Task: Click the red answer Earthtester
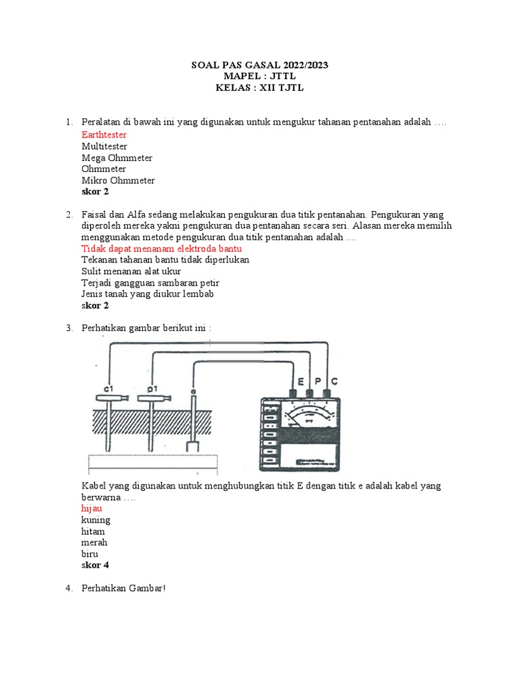[x=104, y=135]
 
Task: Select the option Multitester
[x=104, y=146]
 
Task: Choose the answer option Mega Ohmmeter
[x=116, y=158]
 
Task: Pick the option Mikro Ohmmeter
[x=118, y=181]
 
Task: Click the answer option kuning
[x=95, y=520]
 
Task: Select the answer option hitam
[x=93, y=531]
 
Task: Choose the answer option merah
[x=94, y=543]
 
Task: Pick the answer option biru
[x=89, y=554]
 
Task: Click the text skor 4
[x=95, y=565]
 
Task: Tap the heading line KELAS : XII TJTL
[x=261, y=89]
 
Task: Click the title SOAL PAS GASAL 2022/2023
[x=261, y=66]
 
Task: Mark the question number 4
[x=68, y=588]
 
